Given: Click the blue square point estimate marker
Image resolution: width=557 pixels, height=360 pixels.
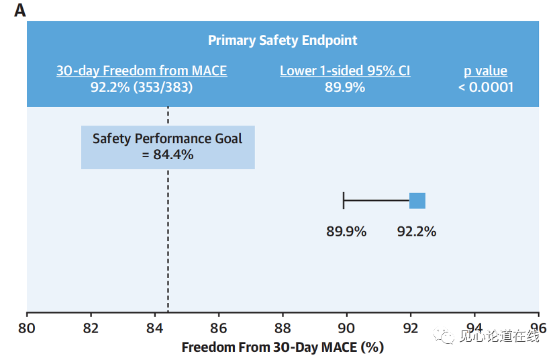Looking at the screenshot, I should click(417, 200).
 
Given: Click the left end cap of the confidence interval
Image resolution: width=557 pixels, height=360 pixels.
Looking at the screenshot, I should click(344, 200).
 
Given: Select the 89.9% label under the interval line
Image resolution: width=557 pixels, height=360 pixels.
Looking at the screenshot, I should click(346, 232).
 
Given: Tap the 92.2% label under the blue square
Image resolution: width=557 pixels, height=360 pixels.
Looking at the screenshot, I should click(416, 232).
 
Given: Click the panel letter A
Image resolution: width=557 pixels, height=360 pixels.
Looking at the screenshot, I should click(19, 10).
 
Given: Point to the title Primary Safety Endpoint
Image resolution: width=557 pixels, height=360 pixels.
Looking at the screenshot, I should click(283, 40).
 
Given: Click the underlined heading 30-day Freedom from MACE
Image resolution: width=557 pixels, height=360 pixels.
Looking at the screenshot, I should click(142, 71).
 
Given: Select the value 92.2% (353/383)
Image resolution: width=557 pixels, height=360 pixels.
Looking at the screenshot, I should click(142, 87).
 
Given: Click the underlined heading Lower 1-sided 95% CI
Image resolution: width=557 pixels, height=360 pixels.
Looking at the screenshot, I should click(345, 71).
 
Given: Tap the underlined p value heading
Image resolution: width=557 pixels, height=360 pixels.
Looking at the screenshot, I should click(485, 71).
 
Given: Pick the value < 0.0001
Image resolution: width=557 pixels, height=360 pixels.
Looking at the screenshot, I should click(485, 87).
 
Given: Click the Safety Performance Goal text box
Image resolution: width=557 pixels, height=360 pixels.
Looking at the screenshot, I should click(168, 146).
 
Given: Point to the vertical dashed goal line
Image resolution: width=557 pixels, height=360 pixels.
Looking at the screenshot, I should click(168, 255).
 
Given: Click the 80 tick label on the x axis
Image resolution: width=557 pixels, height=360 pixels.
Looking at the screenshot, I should click(27, 328).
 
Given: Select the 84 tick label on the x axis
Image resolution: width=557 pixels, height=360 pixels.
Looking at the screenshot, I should click(155, 328).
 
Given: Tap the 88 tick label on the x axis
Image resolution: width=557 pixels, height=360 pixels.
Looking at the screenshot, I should click(283, 328).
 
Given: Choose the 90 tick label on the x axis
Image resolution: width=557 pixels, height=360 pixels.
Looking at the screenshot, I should click(346, 328).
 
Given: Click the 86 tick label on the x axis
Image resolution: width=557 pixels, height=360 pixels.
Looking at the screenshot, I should click(219, 328).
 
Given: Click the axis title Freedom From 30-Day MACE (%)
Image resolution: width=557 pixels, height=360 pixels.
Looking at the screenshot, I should click(283, 347).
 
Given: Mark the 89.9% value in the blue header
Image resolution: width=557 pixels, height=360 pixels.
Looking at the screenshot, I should click(345, 87).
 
